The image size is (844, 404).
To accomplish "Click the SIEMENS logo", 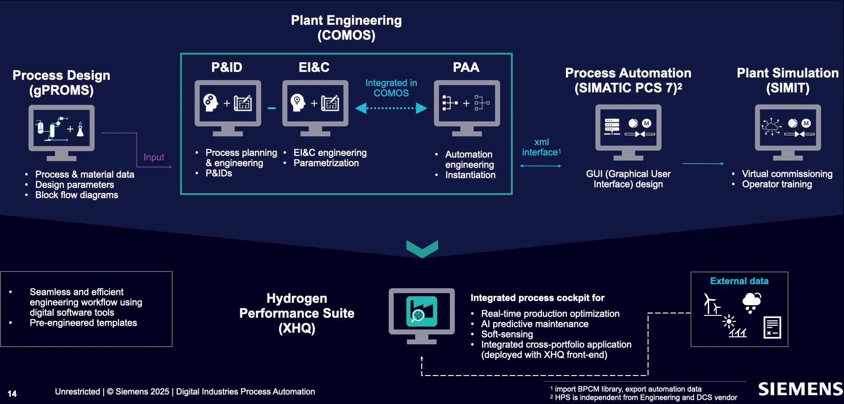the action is [801, 389].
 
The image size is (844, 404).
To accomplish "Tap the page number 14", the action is [12, 394].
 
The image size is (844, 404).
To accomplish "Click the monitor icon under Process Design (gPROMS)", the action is [62, 133].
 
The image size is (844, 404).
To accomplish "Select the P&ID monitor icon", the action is [228, 108].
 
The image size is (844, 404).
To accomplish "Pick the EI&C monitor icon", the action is [315, 108].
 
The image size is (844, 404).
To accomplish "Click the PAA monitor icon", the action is [467, 108].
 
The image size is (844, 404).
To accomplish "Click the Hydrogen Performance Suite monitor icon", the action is [422, 316].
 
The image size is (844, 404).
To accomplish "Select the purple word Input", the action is [154, 157].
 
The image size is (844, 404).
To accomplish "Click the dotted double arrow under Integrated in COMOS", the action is [391, 108].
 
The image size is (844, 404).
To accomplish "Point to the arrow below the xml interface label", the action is [540, 166].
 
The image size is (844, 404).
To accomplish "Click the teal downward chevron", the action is [422, 249].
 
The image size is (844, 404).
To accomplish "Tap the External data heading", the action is [739, 281].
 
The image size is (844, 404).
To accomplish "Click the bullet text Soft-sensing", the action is [507, 334].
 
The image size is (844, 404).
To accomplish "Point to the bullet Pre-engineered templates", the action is [84, 323].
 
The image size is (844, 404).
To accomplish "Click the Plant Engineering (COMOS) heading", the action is [346, 28].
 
